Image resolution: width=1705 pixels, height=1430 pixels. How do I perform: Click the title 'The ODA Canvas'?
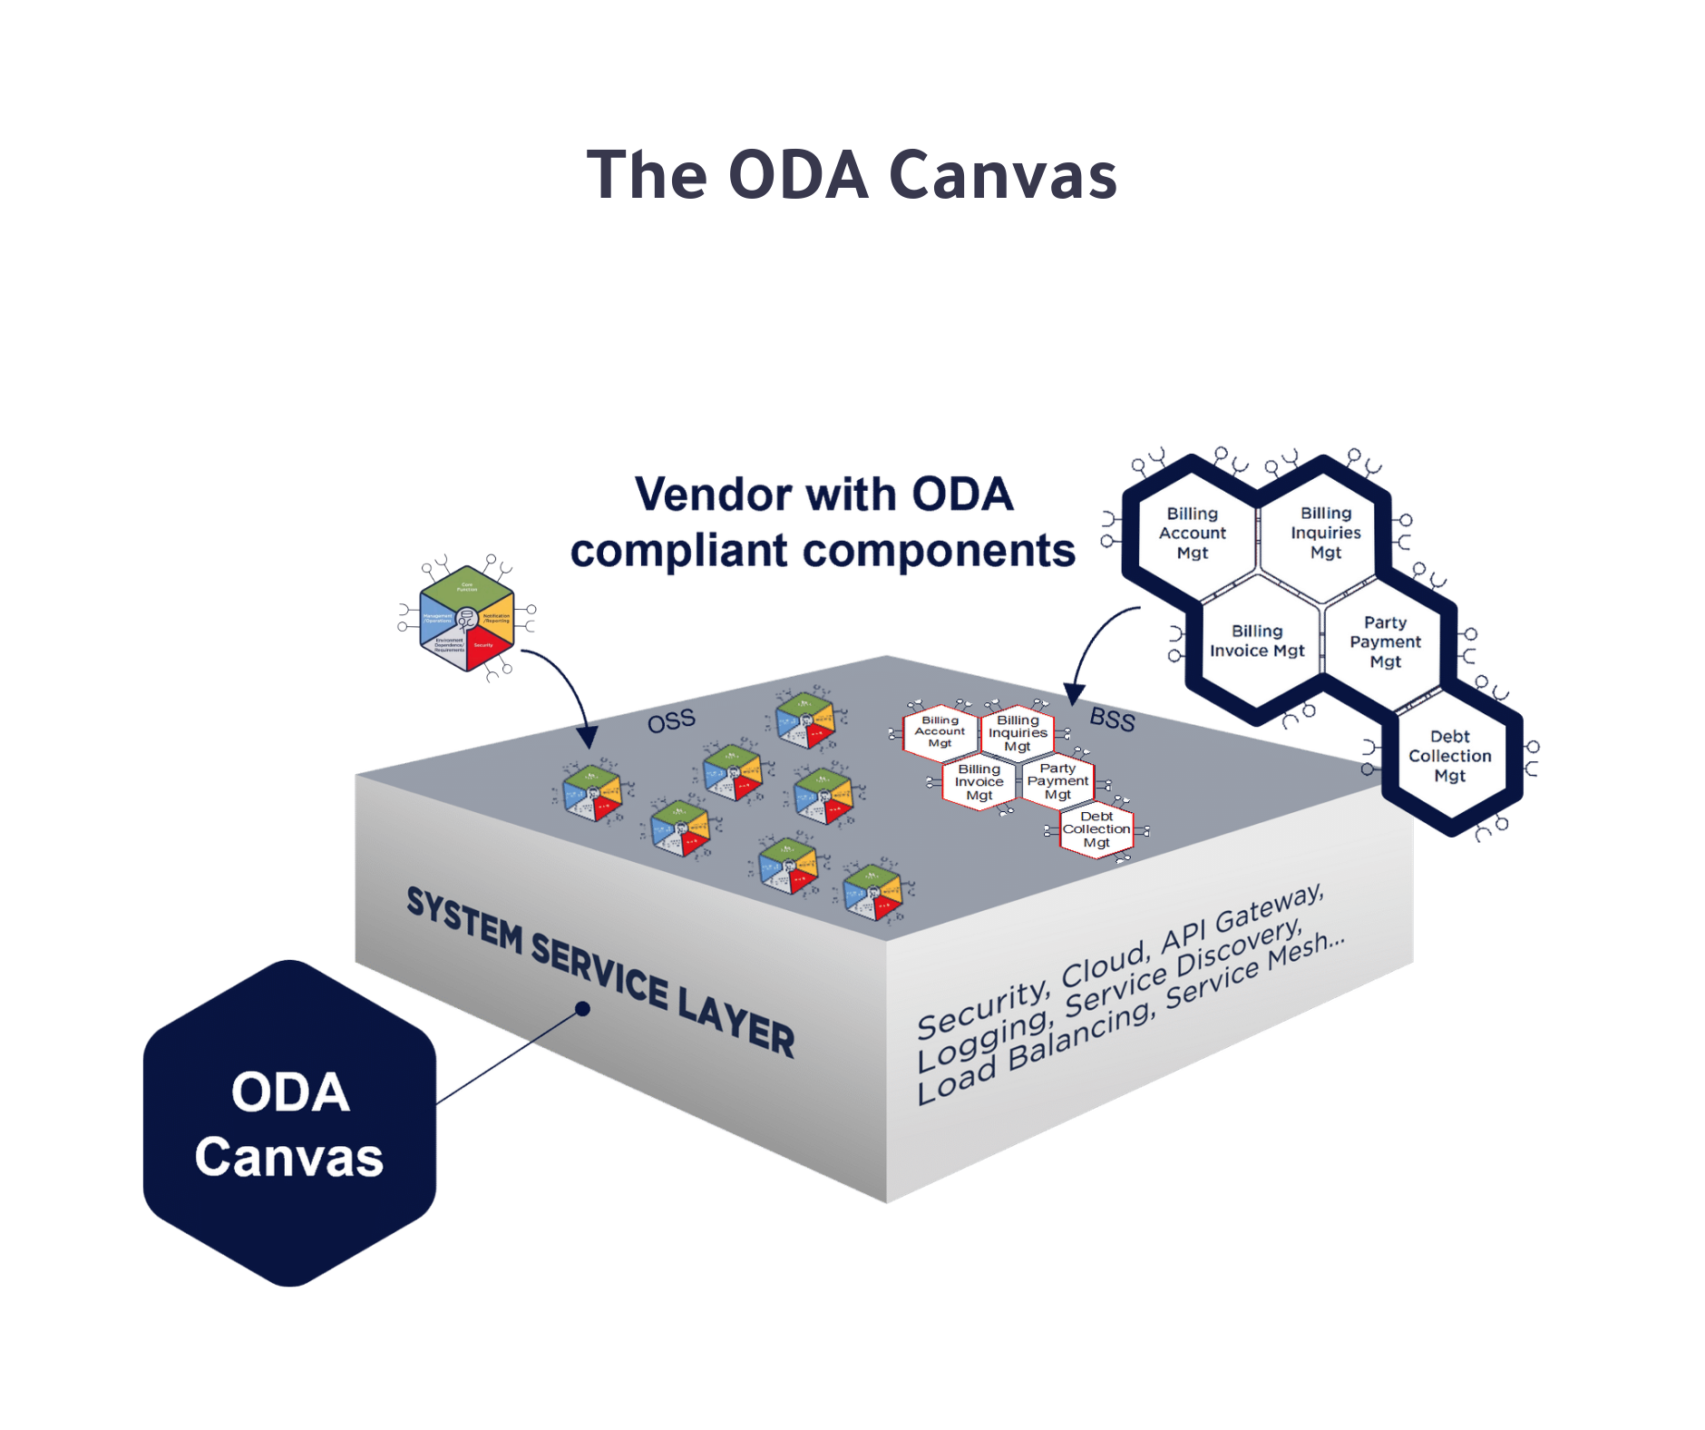tap(852, 175)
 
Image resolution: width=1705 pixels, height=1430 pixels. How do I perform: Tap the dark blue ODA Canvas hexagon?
tap(289, 1123)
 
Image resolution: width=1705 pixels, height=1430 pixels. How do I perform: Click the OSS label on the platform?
tap(671, 721)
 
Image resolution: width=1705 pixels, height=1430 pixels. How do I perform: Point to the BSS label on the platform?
tap(1112, 720)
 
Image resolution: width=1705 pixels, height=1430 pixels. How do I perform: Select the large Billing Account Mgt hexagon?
tap(1192, 534)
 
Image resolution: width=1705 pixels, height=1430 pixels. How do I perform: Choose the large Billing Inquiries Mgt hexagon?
tap(1325, 534)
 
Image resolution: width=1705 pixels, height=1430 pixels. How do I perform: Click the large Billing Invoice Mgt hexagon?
tap(1256, 642)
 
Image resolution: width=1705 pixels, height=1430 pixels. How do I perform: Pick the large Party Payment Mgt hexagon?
tap(1385, 642)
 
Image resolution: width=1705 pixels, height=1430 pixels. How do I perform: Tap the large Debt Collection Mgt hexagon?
tap(1449, 756)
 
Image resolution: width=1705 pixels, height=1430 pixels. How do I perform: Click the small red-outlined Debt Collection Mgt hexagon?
tap(1096, 829)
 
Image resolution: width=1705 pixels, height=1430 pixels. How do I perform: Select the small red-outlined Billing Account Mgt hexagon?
tap(940, 731)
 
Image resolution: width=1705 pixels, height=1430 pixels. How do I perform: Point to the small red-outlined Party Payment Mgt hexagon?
tap(1057, 781)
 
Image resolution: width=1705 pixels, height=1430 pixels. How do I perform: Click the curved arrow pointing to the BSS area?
tap(1097, 644)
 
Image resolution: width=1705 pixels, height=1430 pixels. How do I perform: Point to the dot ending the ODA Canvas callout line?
tap(583, 1008)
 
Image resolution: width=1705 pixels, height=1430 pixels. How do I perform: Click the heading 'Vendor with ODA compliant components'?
tap(823, 523)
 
